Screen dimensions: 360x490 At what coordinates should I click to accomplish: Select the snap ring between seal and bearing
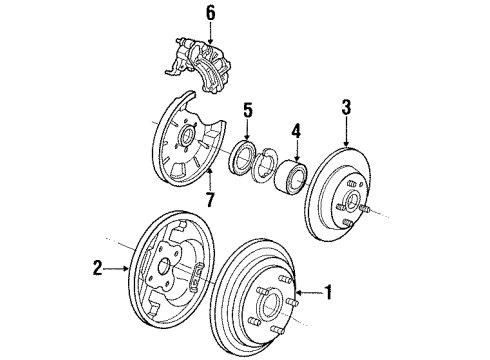click(x=267, y=166)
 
